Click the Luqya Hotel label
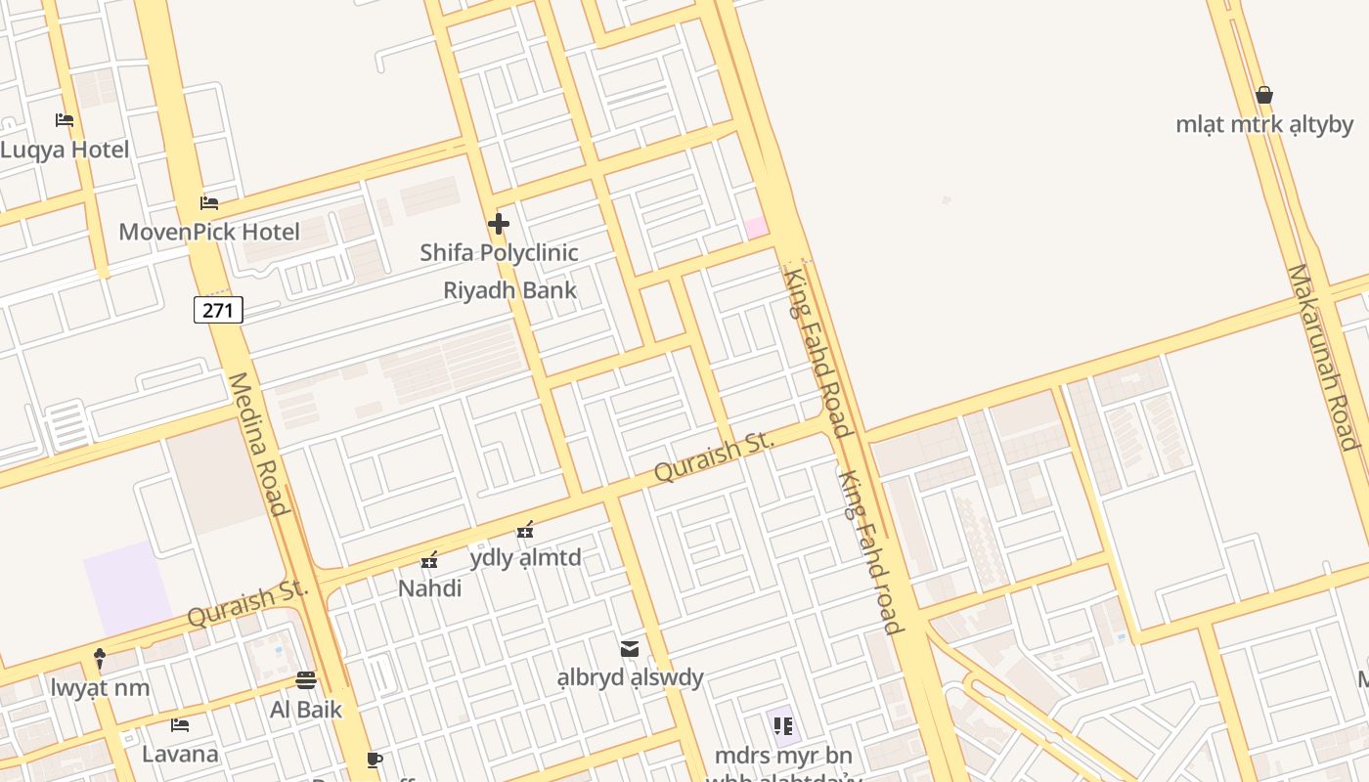pyautogui.click(x=65, y=150)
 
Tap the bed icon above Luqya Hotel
pyautogui.click(x=65, y=120)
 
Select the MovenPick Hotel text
pyautogui.click(x=209, y=232)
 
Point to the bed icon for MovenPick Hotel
pyautogui.click(x=209, y=203)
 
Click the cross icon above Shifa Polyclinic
pyautogui.click(x=499, y=224)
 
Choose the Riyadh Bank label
pyautogui.click(x=510, y=290)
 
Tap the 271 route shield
pyautogui.click(x=218, y=310)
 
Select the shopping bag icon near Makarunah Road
pyautogui.click(x=1264, y=95)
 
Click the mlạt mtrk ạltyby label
pyautogui.click(x=1264, y=124)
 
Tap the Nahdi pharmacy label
pyautogui.click(x=429, y=588)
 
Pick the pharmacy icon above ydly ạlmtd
pyautogui.click(x=525, y=530)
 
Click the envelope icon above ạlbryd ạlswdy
pyautogui.click(x=630, y=648)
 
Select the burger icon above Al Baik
pyautogui.click(x=306, y=680)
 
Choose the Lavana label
pyautogui.click(x=180, y=754)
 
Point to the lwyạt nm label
pyautogui.click(x=101, y=687)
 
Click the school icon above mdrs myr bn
pyautogui.click(x=782, y=725)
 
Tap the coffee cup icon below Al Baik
pyautogui.click(x=375, y=760)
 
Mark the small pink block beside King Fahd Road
pyautogui.click(x=756, y=227)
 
